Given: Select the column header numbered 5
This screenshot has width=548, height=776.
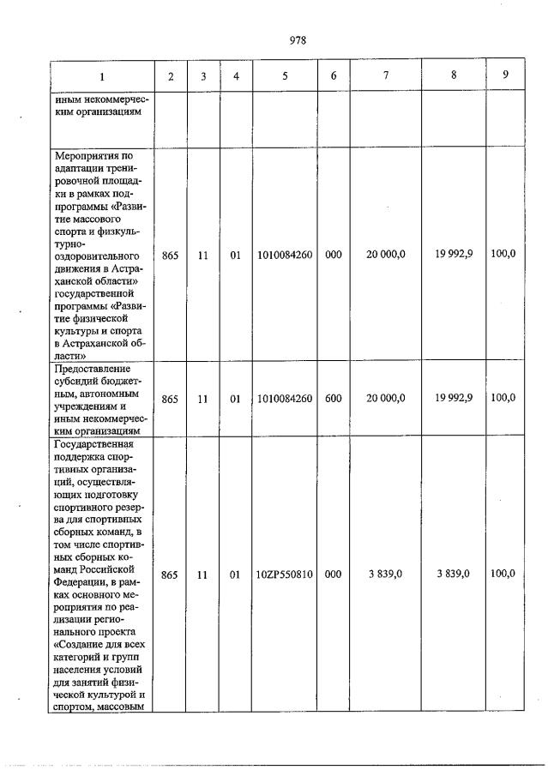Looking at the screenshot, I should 284,75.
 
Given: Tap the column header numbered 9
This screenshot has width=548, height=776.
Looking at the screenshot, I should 505,75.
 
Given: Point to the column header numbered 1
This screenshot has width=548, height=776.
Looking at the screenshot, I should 102,75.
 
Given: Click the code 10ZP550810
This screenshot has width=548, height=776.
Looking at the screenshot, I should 284,575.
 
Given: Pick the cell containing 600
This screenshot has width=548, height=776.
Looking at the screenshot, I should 334,398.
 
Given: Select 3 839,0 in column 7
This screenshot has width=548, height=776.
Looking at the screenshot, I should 386,574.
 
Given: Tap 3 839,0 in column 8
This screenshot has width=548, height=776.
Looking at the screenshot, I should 453,574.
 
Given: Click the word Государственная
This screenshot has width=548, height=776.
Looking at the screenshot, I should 94,444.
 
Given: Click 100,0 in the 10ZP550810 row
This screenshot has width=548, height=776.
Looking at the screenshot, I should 503,574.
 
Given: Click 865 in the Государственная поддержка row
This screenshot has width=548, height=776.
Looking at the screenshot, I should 170,575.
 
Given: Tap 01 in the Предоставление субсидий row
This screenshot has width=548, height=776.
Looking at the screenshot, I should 235,399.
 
